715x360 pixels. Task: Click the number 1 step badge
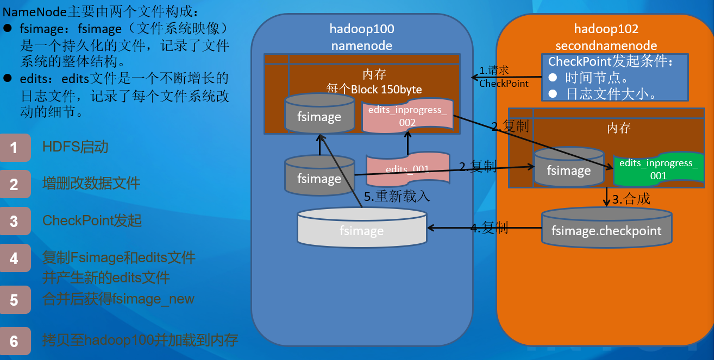[x=15, y=148]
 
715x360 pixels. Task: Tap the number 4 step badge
[x=15, y=258]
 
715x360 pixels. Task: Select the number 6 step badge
[x=15, y=341]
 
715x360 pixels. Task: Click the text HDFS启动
[x=76, y=147]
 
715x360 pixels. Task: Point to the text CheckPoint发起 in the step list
[x=92, y=220]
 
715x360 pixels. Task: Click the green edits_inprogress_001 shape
[x=658, y=169]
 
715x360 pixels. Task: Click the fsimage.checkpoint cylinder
[x=606, y=228]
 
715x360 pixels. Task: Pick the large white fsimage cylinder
[x=362, y=229]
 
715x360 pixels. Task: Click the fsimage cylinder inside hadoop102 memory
[x=569, y=168]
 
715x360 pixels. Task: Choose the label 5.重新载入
[x=397, y=197]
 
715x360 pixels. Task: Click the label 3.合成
[x=631, y=199]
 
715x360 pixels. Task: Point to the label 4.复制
[x=488, y=228]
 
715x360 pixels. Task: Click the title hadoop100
[x=362, y=29]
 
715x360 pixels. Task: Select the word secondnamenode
[x=606, y=46]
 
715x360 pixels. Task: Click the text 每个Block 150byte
[x=374, y=89]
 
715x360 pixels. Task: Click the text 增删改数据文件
[x=91, y=184]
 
